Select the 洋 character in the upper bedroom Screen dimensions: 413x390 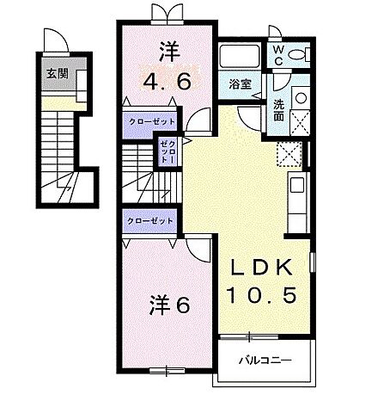pos(167,51)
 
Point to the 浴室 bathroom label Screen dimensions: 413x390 pos(239,83)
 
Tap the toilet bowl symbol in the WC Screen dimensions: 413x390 pos(297,53)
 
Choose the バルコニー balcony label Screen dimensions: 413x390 pos(265,359)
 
